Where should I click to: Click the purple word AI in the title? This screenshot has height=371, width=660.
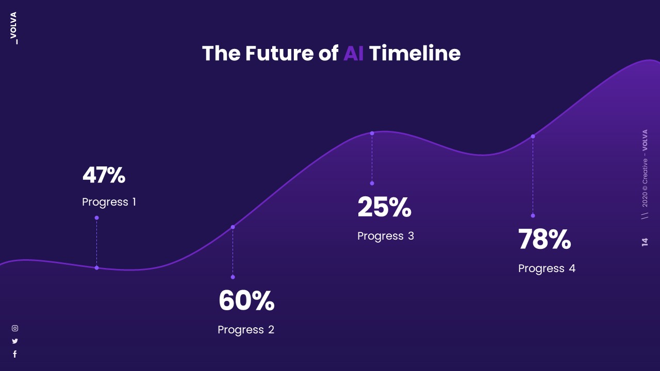click(x=353, y=54)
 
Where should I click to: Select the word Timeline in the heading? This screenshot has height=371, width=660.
click(x=415, y=54)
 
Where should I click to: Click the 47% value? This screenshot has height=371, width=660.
click(x=104, y=175)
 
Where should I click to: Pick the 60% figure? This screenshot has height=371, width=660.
click(x=246, y=301)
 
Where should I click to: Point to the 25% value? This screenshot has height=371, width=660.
click(x=384, y=207)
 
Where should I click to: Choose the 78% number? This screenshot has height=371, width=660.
click(x=544, y=240)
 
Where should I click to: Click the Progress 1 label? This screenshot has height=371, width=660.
click(x=109, y=202)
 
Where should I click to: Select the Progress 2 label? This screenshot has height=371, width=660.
click(x=246, y=330)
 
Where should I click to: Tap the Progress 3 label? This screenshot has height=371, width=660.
click(x=385, y=236)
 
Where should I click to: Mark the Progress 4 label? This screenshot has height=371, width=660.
click(x=547, y=268)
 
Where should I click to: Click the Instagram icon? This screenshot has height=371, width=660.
click(x=15, y=328)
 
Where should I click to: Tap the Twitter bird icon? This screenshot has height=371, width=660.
click(x=15, y=341)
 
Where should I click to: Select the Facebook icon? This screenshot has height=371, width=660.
click(x=15, y=354)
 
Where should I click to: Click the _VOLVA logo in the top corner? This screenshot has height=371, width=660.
click(x=14, y=28)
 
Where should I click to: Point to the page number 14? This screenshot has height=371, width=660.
click(x=645, y=242)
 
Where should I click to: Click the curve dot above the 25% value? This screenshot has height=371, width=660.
click(x=372, y=133)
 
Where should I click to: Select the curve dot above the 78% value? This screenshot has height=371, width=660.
click(x=533, y=137)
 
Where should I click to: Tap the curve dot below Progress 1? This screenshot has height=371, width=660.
click(x=96, y=268)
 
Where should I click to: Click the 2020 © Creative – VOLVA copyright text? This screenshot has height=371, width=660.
click(x=645, y=168)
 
